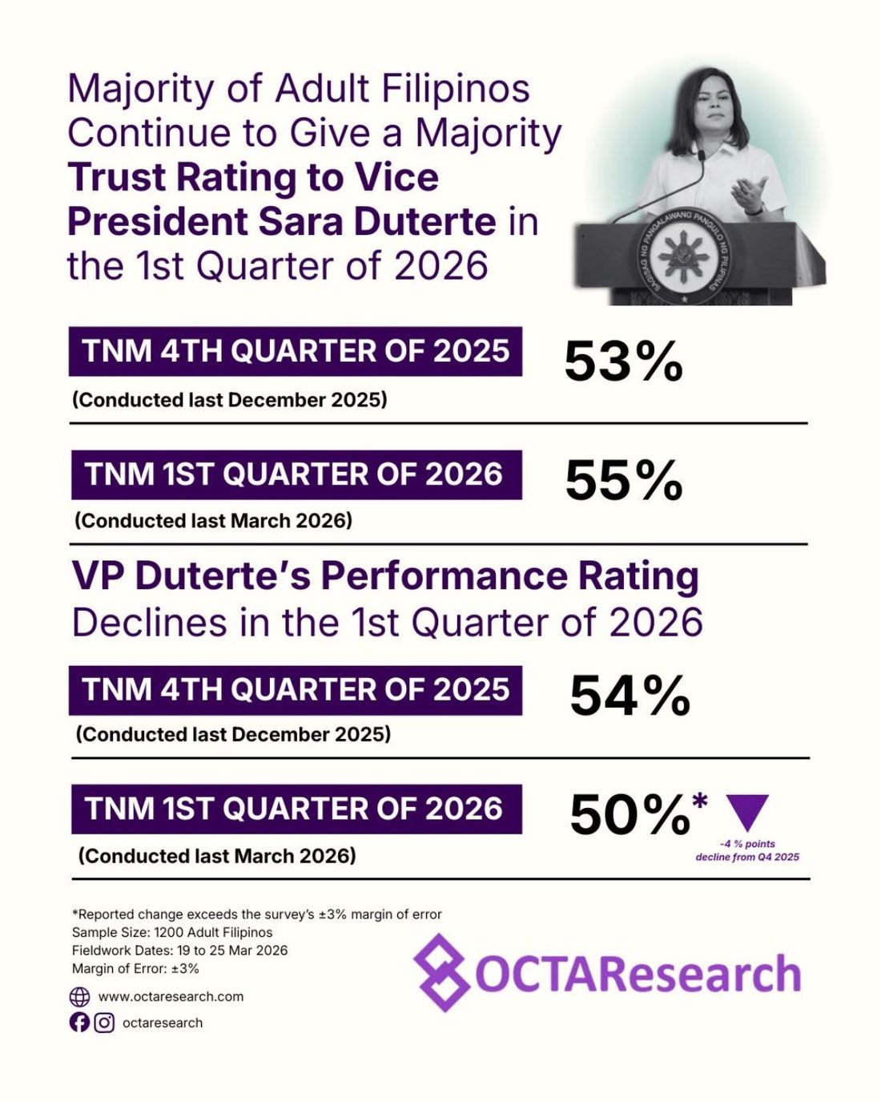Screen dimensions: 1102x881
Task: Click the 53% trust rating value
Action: [x=623, y=361]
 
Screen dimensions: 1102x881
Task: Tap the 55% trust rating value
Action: [x=623, y=481]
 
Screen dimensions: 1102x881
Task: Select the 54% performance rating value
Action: [x=630, y=696]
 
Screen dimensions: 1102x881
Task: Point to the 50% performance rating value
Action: [x=630, y=816]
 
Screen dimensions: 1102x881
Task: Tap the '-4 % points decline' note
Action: [x=747, y=850]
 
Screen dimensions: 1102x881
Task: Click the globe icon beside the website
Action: [x=79, y=997]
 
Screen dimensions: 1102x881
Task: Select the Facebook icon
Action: [x=79, y=1023]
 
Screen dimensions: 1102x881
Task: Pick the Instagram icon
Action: [x=104, y=1023]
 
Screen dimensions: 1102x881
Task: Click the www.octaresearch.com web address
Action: [x=171, y=997]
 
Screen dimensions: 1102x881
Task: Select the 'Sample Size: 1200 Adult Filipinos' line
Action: [x=172, y=933]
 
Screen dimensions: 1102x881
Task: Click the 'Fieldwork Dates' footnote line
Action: [x=179, y=951]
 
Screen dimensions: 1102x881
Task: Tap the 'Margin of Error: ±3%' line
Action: [x=135, y=968]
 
